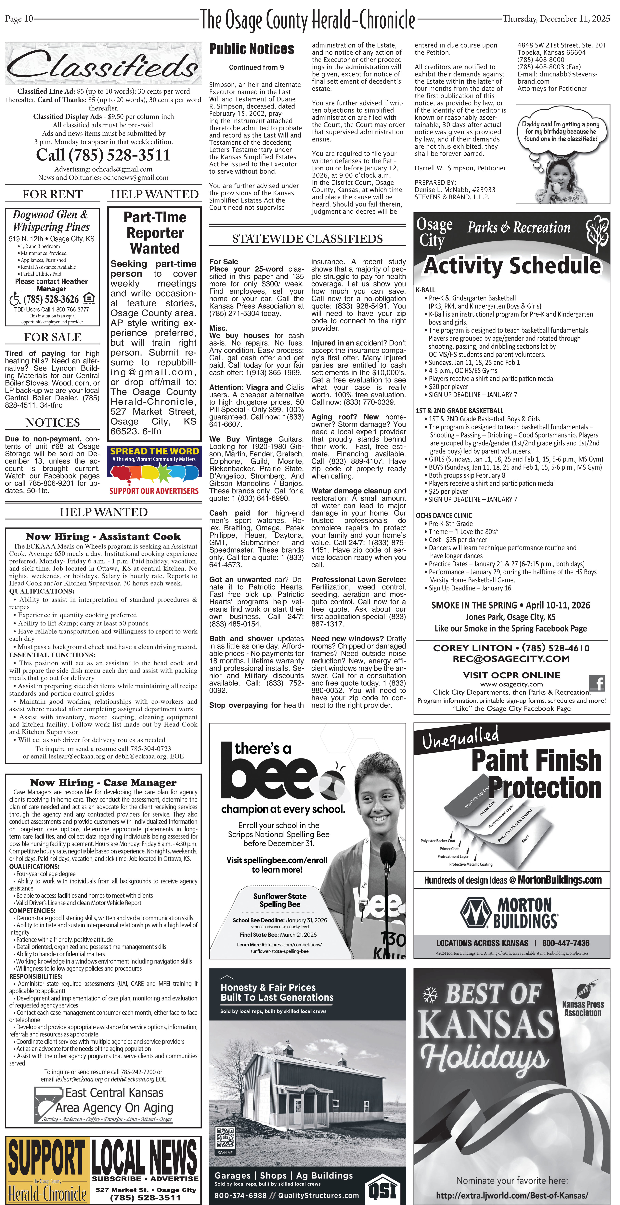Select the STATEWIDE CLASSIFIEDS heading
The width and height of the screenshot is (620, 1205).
point(307,239)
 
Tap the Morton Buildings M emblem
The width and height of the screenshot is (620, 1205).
point(476,912)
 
